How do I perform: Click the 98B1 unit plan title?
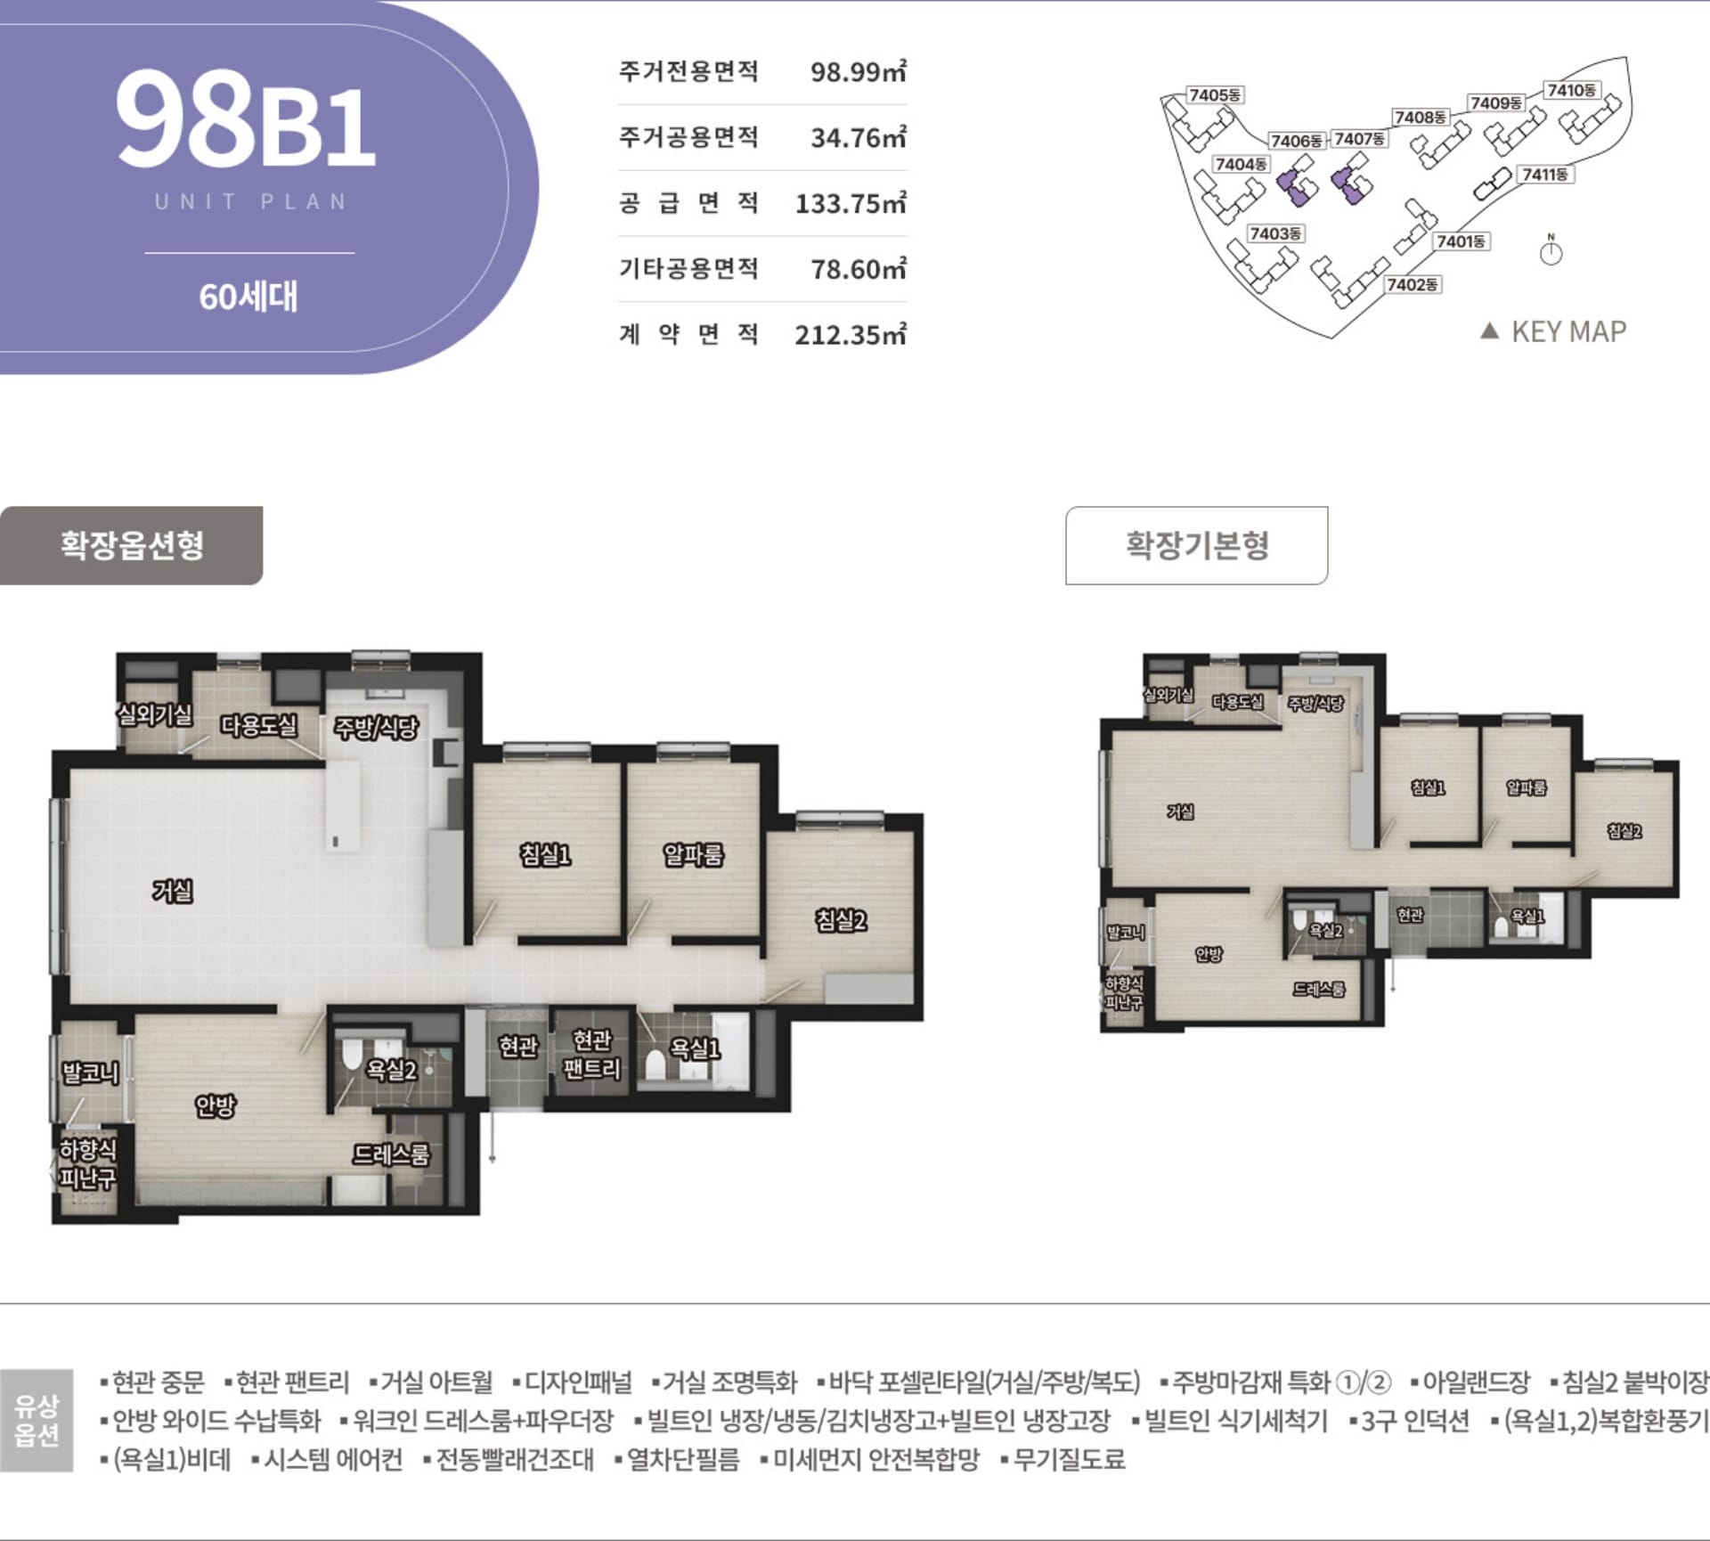pyautogui.click(x=245, y=120)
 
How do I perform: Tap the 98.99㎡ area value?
pyautogui.click(x=857, y=71)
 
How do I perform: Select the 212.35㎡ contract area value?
pyautogui.click(x=850, y=335)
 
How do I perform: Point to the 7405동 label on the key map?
pyautogui.click(x=1216, y=95)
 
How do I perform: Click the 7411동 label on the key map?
pyautogui.click(x=1545, y=175)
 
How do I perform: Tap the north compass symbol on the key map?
pyautogui.click(x=1551, y=252)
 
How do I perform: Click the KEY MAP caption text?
pyautogui.click(x=1567, y=331)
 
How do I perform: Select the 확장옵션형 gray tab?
pyautogui.click(x=131, y=545)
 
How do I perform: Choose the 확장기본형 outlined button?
pyautogui.click(x=1196, y=545)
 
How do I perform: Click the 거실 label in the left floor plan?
pyautogui.click(x=173, y=890)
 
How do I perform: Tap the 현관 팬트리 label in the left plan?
pyautogui.click(x=591, y=1054)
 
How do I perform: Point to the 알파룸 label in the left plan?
pyautogui.click(x=693, y=855)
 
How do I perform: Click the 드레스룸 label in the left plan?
pyautogui.click(x=391, y=1154)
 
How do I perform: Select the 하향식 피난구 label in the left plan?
pyautogui.click(x=87, y=1164)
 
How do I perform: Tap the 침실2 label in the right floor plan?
pyautogui.click(x=1624, y=831)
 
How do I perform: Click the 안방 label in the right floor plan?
pyautogui.click(x=1209, y=954)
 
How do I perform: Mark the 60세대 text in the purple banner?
pyautogui.click(x=248, y=297)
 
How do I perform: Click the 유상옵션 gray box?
pyautogui.click(x=37, y=1420)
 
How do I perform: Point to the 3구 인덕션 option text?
pyautogui.click(x=1414, y=1421)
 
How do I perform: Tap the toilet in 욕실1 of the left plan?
pyautogui.click(x=655, y=1064)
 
